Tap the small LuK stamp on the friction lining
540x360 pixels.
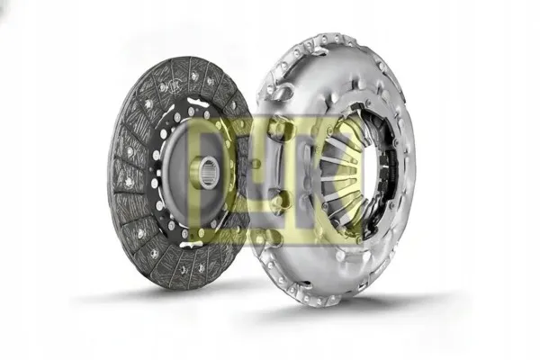[x=175, y=85]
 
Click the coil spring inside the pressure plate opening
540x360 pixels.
[x=391, y=166]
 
